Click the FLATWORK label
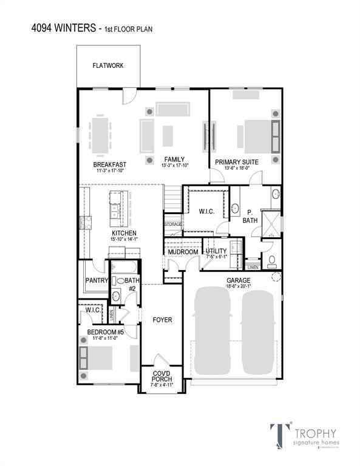(108, 66)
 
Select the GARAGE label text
(239, 280)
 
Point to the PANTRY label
(96, 280)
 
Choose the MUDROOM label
(183, 252)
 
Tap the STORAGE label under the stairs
(172, 225)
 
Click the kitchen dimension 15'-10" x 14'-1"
(123, 239)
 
